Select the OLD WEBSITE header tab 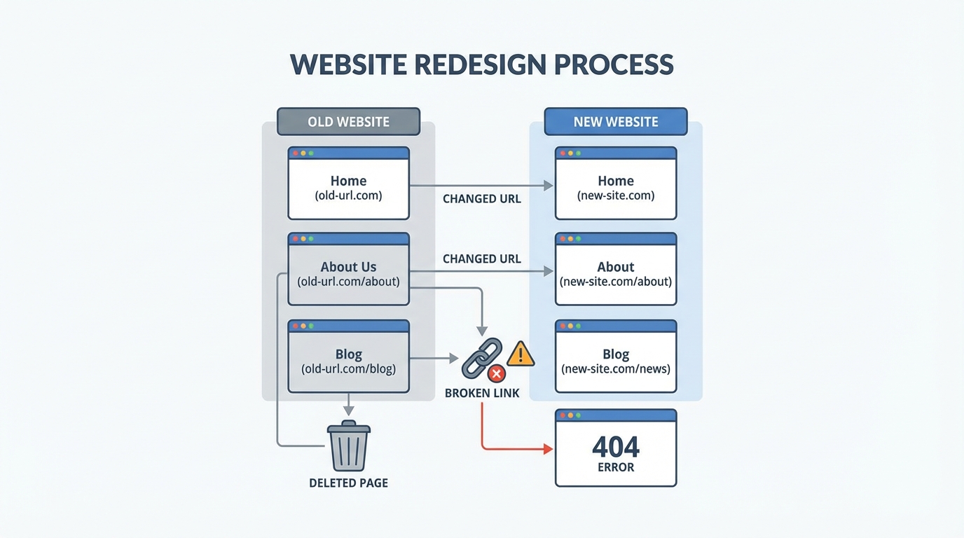point(348,121)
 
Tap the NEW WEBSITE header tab point(616,121)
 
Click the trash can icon point(349,446)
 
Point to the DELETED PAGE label point(348,483)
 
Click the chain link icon point(481,359)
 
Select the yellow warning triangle point(520,354)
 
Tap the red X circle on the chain point(496,373)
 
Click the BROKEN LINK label point(482,393)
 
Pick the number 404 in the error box point(616,446)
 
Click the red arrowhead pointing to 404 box point(548,449)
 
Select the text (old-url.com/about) point(348,282)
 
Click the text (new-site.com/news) point(616,368)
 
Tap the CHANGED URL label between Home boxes point(482,199)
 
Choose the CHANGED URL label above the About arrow point(482,258)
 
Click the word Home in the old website point(348,181)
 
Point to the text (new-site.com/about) point(616,282)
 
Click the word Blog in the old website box point(348,354)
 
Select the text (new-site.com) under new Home point(616,195)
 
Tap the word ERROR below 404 point(616,467)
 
